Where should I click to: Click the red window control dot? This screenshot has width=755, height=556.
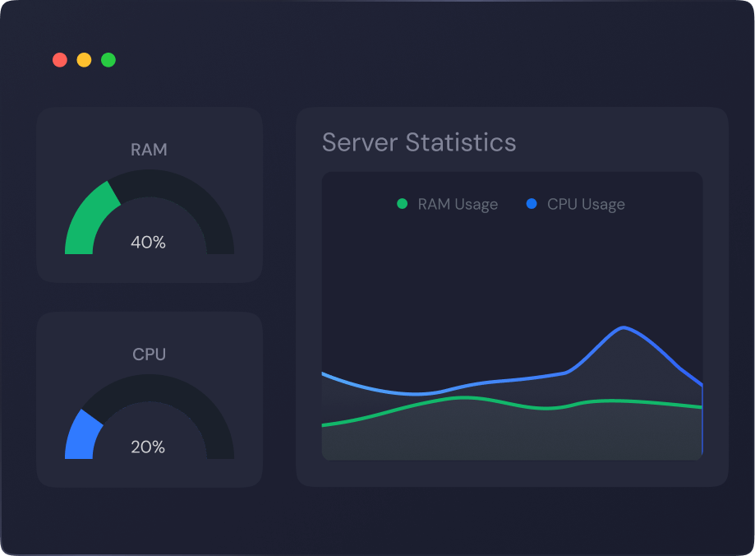pyautogui.click(x=59, y=60)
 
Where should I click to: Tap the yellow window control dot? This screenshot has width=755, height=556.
pyautogui.click(x=84, y=60)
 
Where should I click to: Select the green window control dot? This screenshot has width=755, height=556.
pyautogui.click(x=108, y=60)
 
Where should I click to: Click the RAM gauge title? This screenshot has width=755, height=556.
pyautogui.click(x=149, y=150)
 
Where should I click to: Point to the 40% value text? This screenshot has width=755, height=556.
pyautogui.click(x=149, y=243)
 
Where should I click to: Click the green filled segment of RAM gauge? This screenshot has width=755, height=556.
pyautogui.click(x=86, y=218)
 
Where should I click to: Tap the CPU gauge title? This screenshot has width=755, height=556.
pyautogui.click(x=149, y=354)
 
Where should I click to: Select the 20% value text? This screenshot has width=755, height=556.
pyautogui.click(x=149, y=447)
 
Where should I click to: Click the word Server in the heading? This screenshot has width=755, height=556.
pyautogui.click(x=360, y=142)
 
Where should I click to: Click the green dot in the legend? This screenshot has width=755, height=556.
pyautogui.click(x=402, y=204)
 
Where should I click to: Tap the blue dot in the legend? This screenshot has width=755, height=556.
pyautogui.click(x=531, y=204)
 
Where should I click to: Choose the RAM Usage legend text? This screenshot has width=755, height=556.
pyautogui.click(x=458, y=205)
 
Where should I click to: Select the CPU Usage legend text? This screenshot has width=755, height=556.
pyautogui.click(x=586, y=205)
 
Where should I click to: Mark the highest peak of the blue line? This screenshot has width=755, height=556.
pyautogui.click(x=624, y=327)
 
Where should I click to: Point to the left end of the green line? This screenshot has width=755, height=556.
pyautogui.click(x=323, y=425)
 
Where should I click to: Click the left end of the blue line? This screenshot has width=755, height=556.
pyautogui.click(x=323, y=373)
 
